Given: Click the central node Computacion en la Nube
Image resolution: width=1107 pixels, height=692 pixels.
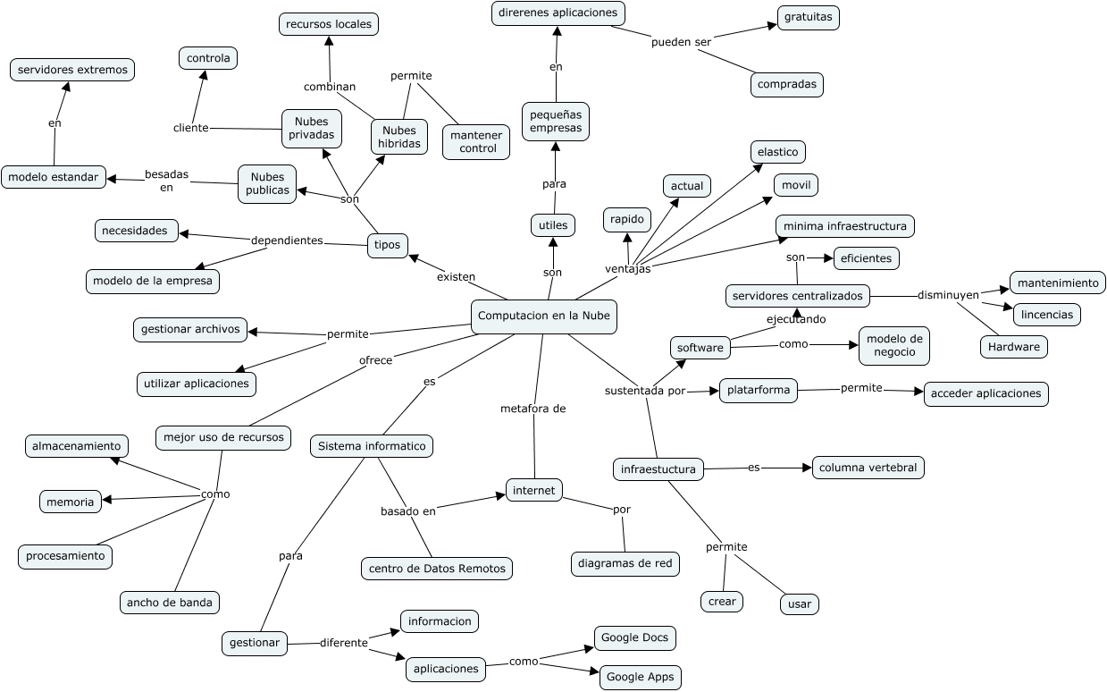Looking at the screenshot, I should coord(543,316).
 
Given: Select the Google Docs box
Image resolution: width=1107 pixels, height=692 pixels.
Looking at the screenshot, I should coord(634,637).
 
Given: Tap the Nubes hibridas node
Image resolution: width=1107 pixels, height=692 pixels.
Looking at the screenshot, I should coord(398,137).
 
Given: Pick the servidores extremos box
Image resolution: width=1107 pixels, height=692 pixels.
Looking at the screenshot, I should coord(72,70).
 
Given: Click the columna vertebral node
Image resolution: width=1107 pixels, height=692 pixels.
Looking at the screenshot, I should coord(868,468).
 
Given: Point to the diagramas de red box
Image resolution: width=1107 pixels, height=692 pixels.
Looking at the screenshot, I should coord(625,563).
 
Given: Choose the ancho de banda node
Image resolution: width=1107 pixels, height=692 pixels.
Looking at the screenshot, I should coord(170,603).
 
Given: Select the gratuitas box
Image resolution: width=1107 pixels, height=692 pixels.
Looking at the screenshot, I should coord(808,17).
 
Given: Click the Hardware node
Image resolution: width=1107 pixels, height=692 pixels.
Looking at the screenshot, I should coord(1013,347).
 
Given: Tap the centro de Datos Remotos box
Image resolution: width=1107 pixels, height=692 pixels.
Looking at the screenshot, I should coord(437,568).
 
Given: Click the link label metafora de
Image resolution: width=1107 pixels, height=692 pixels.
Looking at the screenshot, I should coord(533,409).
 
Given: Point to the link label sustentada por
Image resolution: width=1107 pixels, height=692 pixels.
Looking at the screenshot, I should coord(645,391).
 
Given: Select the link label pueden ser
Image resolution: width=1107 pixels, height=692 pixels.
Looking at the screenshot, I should coord(681,42).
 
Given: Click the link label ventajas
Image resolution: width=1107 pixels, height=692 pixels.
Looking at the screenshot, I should coord(627,268).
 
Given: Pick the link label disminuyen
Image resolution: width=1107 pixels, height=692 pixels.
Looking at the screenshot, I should coord(948,294).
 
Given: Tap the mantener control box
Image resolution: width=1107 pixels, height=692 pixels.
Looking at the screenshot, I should coord(476,141).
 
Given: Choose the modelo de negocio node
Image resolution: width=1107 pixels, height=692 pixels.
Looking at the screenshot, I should coord(893,345).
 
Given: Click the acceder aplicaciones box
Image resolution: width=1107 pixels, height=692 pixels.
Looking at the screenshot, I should coord(985,393).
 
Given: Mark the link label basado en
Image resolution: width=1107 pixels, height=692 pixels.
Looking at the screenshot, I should coord(408,511).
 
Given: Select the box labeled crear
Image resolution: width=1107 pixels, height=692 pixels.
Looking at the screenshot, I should coord(722,602).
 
